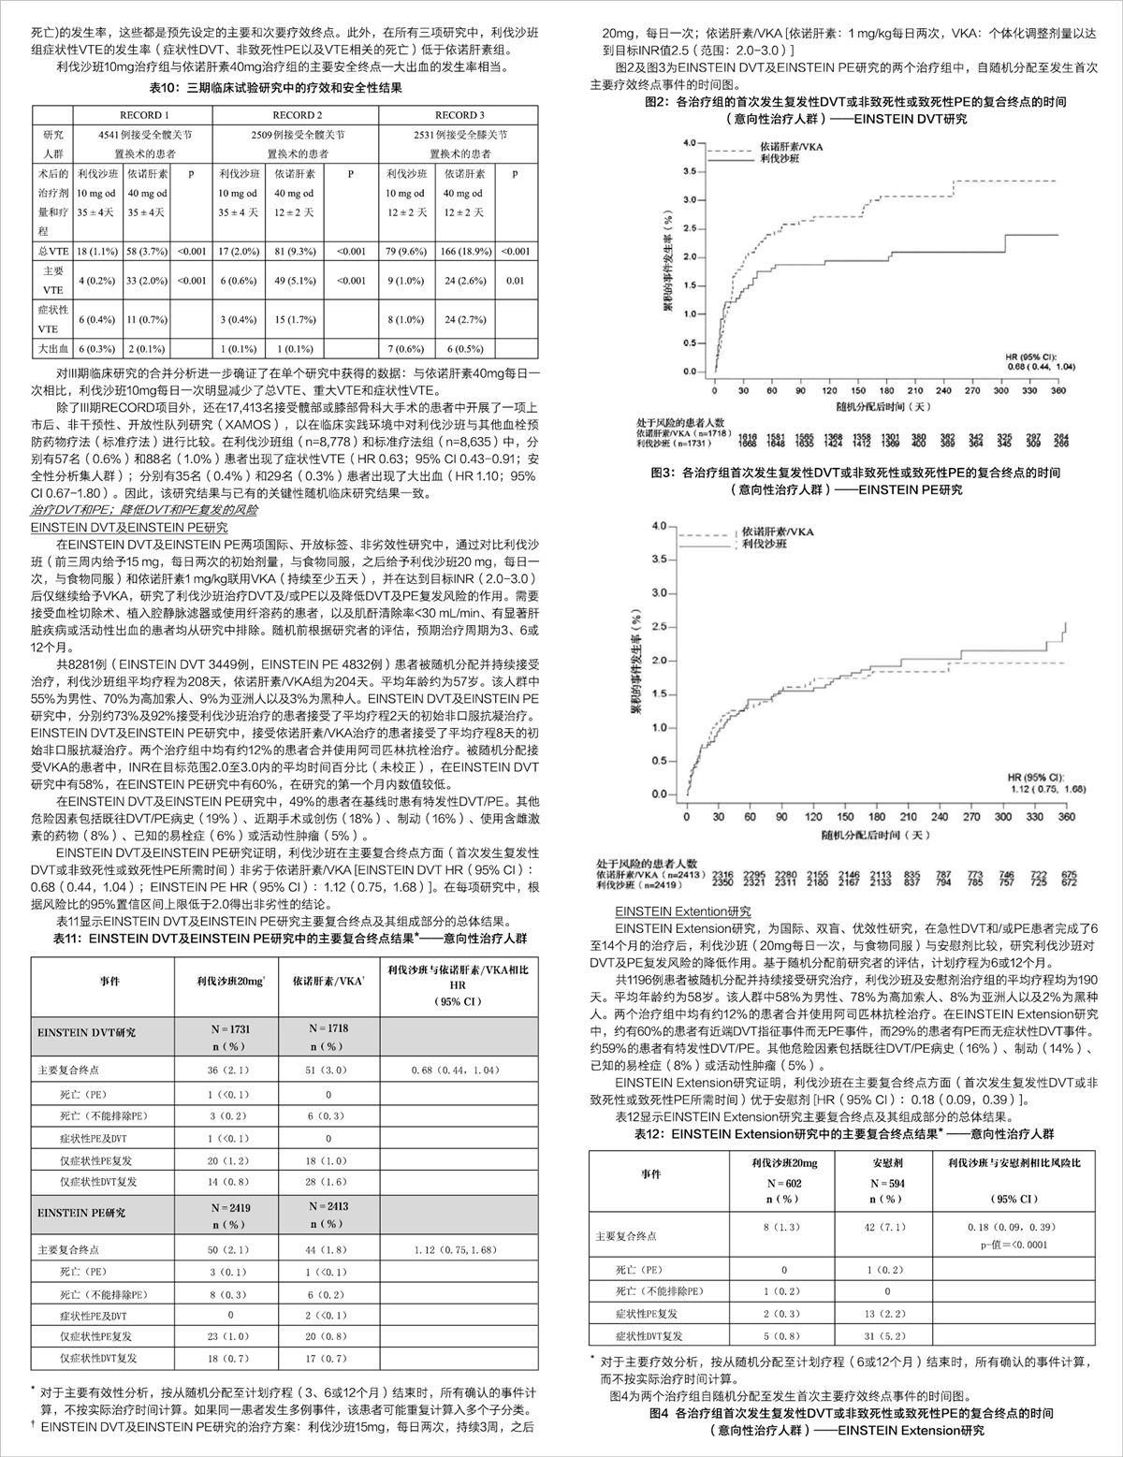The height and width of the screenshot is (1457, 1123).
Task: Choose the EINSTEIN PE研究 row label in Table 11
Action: tap(82, 1213)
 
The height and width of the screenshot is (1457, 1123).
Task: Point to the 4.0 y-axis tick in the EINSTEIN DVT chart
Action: tap(691, 143)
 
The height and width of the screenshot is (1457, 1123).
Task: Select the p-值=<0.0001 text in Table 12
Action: tap(1013, 1245)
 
